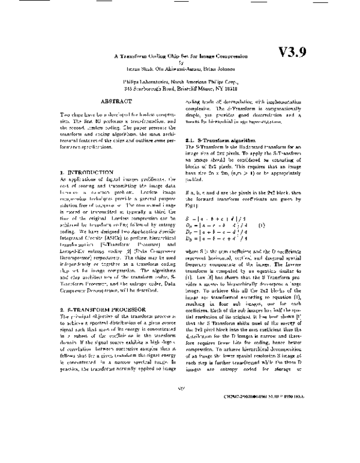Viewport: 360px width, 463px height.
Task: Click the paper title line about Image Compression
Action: pos(181,56)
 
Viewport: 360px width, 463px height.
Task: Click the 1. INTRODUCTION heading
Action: pos(86,172)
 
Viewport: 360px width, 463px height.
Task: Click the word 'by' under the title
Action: pos(180,62)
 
